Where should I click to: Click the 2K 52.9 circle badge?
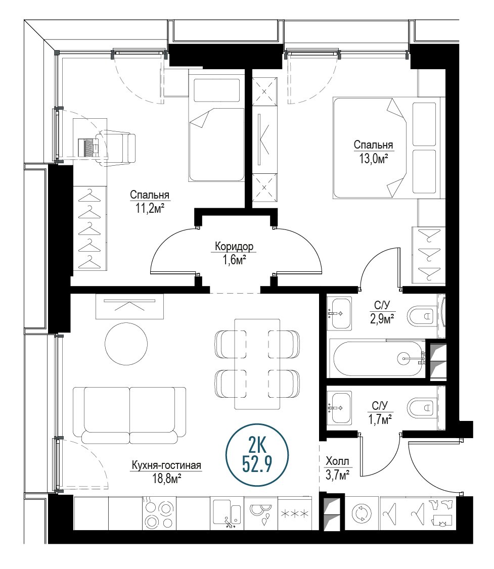(x=257, y=455)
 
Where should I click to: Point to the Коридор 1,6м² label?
(x=234, y=253)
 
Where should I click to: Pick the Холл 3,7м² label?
(x=338, y=468)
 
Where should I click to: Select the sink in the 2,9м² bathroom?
(x=339, y=313)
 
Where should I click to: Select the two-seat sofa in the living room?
(x=129, y=415)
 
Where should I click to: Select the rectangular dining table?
(x=257, y=364)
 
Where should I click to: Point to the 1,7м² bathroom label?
(x=380, y=412)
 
